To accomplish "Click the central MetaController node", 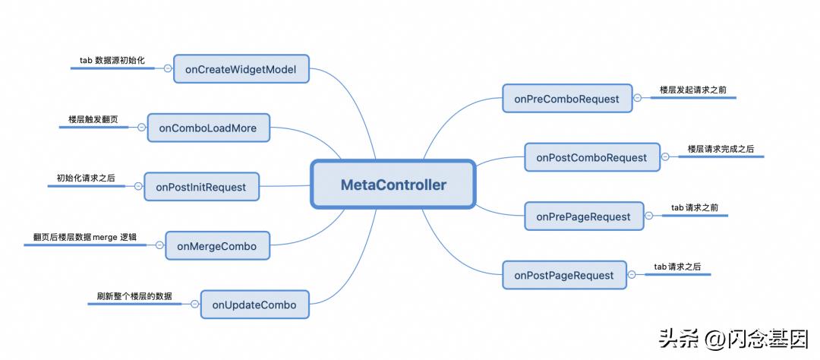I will click(393, 185).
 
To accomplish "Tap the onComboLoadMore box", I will click(207, 128).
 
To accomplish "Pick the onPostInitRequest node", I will click(201, 186).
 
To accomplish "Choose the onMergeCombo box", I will click(216, 245).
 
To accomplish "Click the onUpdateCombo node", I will click(249, 305).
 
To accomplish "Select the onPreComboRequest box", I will click(566, 98).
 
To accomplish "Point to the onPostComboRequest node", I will click(591, 157).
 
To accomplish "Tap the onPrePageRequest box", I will click(583, 216).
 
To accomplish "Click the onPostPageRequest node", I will click(563, 275).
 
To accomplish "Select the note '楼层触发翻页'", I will click(93, 118).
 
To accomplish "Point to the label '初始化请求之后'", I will click(86, 177).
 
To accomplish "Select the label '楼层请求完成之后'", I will click(721, 148).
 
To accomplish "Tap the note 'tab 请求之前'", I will click(693, 207).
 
